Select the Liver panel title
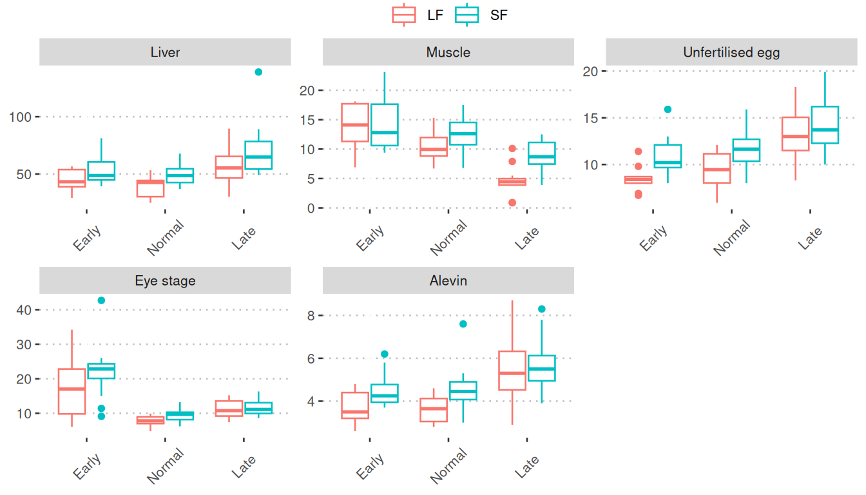point(165,52)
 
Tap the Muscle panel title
point(448,52)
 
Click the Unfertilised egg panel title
point(731,52)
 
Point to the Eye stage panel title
point(165,281)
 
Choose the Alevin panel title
point(448,281)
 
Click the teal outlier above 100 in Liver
point(258,72)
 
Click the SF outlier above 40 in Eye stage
point(101,300)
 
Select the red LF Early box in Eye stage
point(72,391)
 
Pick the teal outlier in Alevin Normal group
point(463,324)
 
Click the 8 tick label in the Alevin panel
point(311,316)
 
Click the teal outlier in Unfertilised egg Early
point(668,110)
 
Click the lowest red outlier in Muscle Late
point(512,202)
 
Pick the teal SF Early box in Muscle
point(385,125)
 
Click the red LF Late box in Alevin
point(512,371)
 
